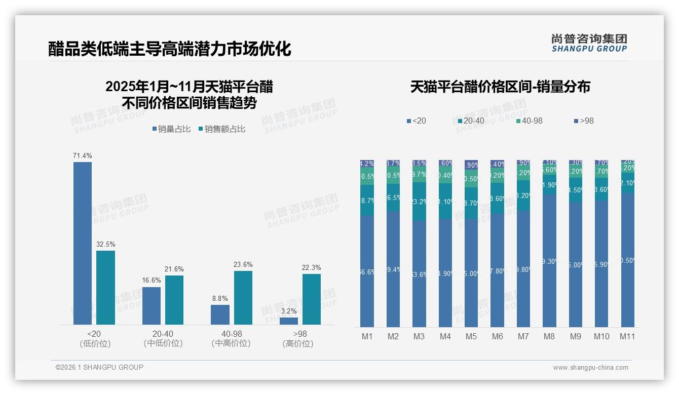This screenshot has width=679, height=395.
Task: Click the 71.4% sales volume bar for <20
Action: pyautogui.click(x=83, y=243)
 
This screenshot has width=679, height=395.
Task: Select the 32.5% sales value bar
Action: pyautogui.click(x=105, y=288)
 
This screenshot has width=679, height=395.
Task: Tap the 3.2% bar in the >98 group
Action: pyautogui.click(x=289, y=321)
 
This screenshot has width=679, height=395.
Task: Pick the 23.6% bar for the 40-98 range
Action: pyautogui.click(x=243, y=298)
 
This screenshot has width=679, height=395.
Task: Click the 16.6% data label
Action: pyautogui.click(x=152, y=280)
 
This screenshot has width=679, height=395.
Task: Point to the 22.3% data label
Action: pyautogui.click(x=312, y=267)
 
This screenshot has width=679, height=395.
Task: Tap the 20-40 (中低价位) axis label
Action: pyautogui.click(x=163, y=338)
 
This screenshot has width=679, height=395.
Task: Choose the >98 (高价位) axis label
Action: pyautogui.click(x=300, y=338)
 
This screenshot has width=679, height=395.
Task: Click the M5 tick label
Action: pyautogui.click(x=471, y=336)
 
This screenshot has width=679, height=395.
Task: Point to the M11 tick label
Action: pyautogui.click(x=627, y=336)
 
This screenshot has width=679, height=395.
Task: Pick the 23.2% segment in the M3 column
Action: pyautogui.click(x=419, y=202)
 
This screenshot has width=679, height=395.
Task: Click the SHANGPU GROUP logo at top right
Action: pyautogui.click(x=589, y=43)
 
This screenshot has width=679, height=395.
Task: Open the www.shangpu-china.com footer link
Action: pyautogui.click(x=590, y=368)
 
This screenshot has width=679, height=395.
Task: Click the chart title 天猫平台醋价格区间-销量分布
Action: pyautogui.click(x=500, y=87)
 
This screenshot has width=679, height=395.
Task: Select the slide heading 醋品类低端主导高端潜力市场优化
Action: pyautogui.click(x=170, y=49)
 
